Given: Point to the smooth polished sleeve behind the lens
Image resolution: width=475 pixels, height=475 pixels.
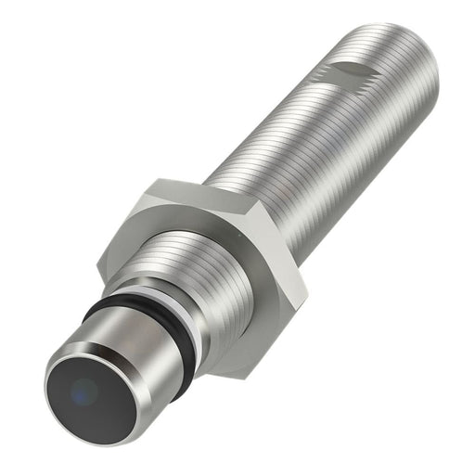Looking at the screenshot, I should pyautogui.click(x=139, y=343).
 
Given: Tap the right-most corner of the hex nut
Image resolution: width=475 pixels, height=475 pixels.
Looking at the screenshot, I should pyautogui.click(x=307, y=297).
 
